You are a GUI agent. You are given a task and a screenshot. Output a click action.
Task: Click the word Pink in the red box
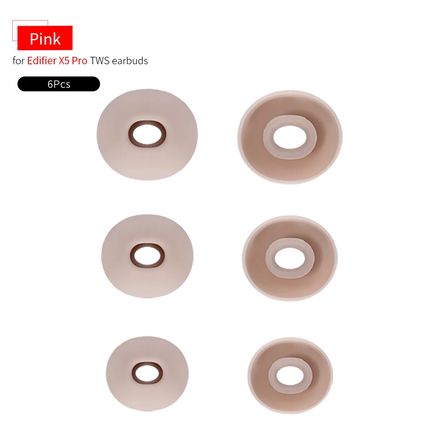[45, 39]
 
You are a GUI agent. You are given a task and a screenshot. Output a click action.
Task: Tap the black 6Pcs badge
[59, 84]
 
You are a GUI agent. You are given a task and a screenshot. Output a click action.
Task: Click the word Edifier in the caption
[42, 61]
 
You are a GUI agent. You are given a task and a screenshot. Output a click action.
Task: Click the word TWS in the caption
[100, 61]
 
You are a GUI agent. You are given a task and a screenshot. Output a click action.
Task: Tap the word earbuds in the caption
[130, 61]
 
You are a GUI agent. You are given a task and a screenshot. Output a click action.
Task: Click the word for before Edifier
[18, 61]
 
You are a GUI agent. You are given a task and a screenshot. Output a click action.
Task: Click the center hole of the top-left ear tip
[147, 135]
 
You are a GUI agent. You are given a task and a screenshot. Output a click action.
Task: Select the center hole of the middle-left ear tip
[148, 253]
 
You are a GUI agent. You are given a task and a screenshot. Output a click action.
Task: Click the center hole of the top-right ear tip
[289, 137]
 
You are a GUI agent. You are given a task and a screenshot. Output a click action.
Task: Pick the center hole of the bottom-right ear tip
[290, 375]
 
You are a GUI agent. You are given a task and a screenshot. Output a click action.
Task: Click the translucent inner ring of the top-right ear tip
[268, 137]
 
